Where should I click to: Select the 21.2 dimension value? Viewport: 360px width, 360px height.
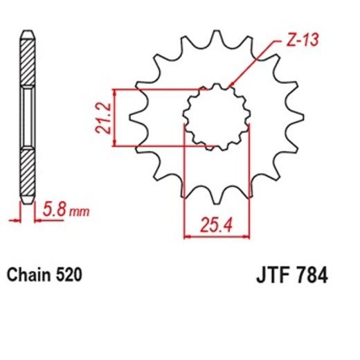point(102,118)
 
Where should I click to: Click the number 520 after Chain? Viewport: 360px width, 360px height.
point(69,275)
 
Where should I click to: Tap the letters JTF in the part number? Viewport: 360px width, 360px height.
point(266,275)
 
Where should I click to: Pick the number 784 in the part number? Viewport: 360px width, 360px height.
point(306,275)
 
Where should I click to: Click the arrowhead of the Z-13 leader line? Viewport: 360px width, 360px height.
point(231,86)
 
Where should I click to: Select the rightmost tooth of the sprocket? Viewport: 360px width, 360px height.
point(298,119)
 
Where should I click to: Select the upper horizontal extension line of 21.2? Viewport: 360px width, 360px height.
point(159,90)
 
